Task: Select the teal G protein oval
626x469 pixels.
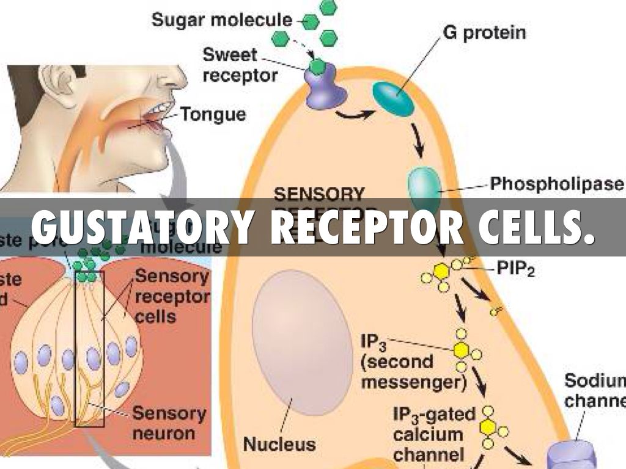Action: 394,96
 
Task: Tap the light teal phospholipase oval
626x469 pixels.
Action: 424,186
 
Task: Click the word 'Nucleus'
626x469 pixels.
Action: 279,444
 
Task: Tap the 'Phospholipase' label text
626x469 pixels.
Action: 557,183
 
